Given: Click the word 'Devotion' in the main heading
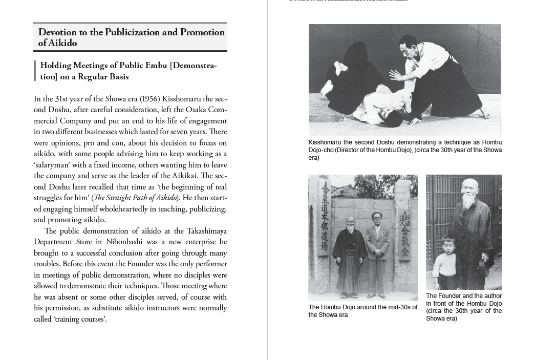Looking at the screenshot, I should click(x=55, y=32).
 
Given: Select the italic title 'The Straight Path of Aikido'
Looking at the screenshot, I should click(x=135, y=198).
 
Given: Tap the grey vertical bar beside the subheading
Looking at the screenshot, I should click(x=35, y=71).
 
